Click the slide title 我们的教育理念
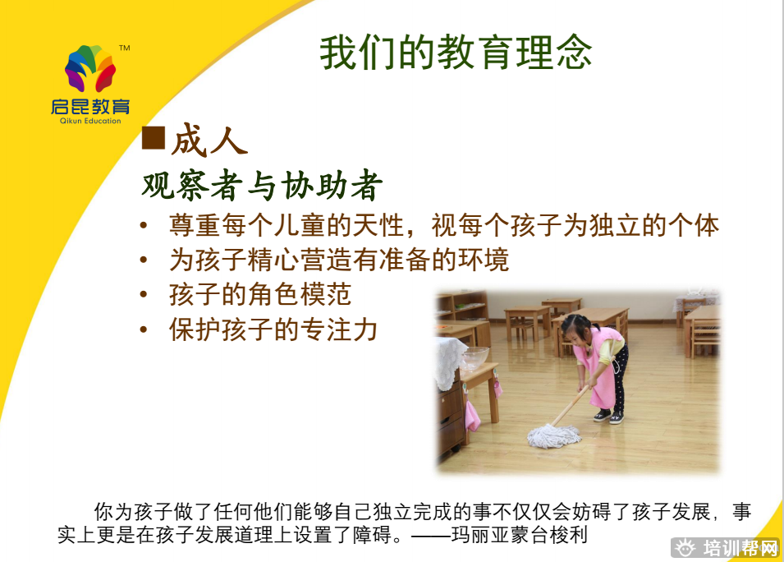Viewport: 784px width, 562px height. coord(456,53)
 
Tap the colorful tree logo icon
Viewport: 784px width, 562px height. coord(90,68)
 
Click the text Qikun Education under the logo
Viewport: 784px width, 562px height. coord(90,121)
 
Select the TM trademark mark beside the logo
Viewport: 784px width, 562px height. coord(125,48)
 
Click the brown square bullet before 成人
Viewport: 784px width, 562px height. coord(154,137)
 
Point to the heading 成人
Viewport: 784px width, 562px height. coord(209,140)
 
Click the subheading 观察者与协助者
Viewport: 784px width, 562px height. coord(262,185)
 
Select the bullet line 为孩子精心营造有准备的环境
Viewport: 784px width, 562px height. coord(339,260)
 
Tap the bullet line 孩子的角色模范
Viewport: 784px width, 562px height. coord(260,294)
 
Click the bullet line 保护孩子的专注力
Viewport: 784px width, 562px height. coord(273,329)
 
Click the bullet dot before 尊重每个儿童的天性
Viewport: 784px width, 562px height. coord(144,226)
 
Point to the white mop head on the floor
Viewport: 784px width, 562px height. coord(554,435)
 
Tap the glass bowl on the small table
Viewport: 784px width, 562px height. coord(474,357)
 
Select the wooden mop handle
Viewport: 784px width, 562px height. coord(570,406)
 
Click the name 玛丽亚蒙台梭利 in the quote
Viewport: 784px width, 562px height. coord(519,535)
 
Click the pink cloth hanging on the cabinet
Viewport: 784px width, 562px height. coord(472,416)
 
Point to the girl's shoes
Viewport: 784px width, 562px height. coord(609,417)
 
